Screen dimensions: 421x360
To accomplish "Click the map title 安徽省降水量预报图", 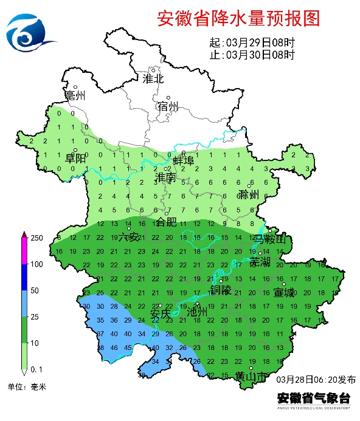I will (x=238, y=18).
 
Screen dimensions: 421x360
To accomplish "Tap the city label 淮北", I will (x=153, y=78).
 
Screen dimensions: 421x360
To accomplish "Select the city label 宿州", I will (x=168, y=106).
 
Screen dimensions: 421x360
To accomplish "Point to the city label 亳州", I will (x=75, y=96).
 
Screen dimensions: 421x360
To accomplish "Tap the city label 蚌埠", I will (x=183, y=160).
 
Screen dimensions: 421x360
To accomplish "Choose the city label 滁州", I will (x=249, y=194).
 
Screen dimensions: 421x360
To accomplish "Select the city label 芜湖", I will (x=261, y=261).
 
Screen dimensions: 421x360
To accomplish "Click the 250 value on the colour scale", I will (x=36, y=238).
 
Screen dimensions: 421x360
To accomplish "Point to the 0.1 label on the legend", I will (x=36, y=369).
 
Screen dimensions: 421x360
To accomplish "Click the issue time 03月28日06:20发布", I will (x=316, y=379).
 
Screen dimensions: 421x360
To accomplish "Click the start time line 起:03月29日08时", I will (x=251, y=43).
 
